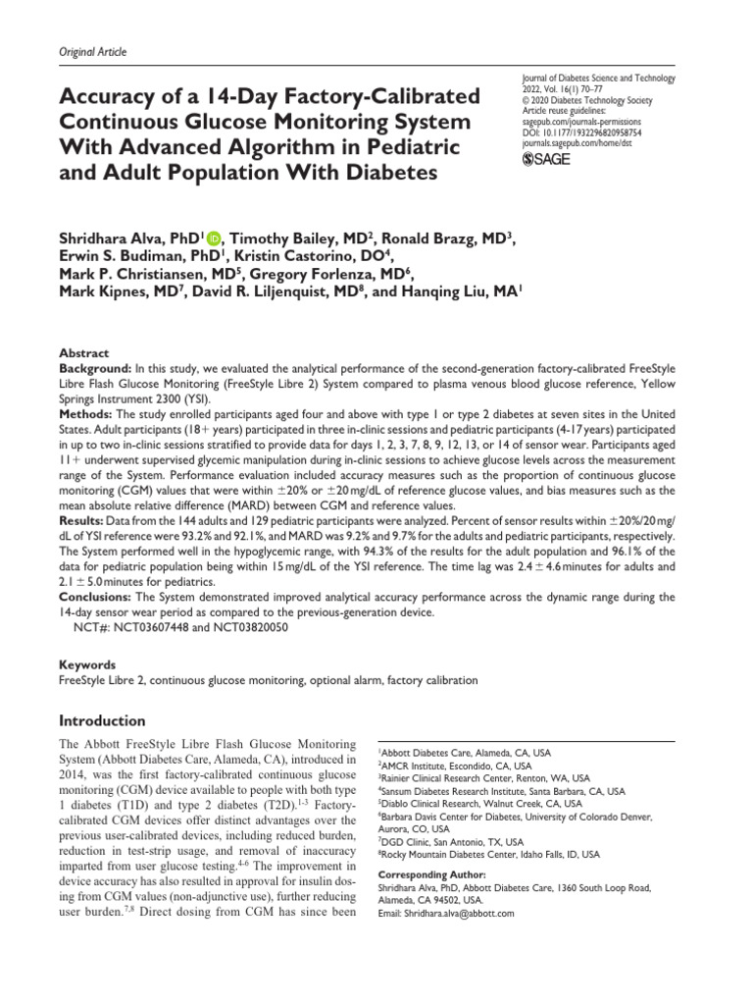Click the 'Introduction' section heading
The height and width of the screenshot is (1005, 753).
pyautogui.click(x=103, y=720)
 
